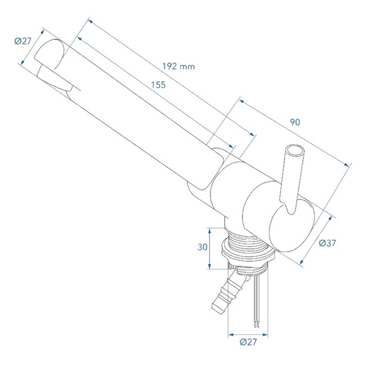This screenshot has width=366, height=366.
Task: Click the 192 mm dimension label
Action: [178, 66]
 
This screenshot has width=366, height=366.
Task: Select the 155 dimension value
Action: [158, 85]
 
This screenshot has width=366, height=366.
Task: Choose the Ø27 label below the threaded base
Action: [248, 342]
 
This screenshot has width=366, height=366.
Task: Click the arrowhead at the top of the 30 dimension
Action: [209, 229]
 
